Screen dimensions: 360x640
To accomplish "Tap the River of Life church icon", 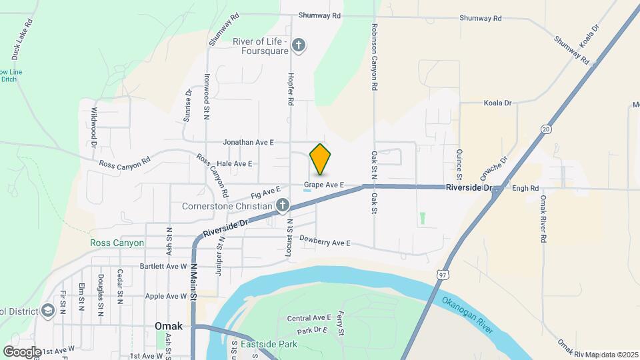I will coord(299,45).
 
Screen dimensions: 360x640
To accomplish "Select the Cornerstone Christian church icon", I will coord(283,206).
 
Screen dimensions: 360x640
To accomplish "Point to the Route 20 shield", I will coord(546,129).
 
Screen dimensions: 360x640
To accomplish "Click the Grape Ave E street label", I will coord(323,184).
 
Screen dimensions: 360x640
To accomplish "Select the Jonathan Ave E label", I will coord(249,142).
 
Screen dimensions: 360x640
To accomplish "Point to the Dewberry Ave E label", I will coord(325,241).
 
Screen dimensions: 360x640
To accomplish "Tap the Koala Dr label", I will coord(497,103).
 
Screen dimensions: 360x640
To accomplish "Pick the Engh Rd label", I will coord(525,189).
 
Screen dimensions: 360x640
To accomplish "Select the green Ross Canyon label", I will coord(117,243).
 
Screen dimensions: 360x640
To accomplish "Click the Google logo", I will coord(22,351).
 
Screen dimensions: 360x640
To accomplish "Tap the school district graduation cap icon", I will coord(48,310).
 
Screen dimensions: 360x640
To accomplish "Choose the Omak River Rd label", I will coord(544,219).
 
